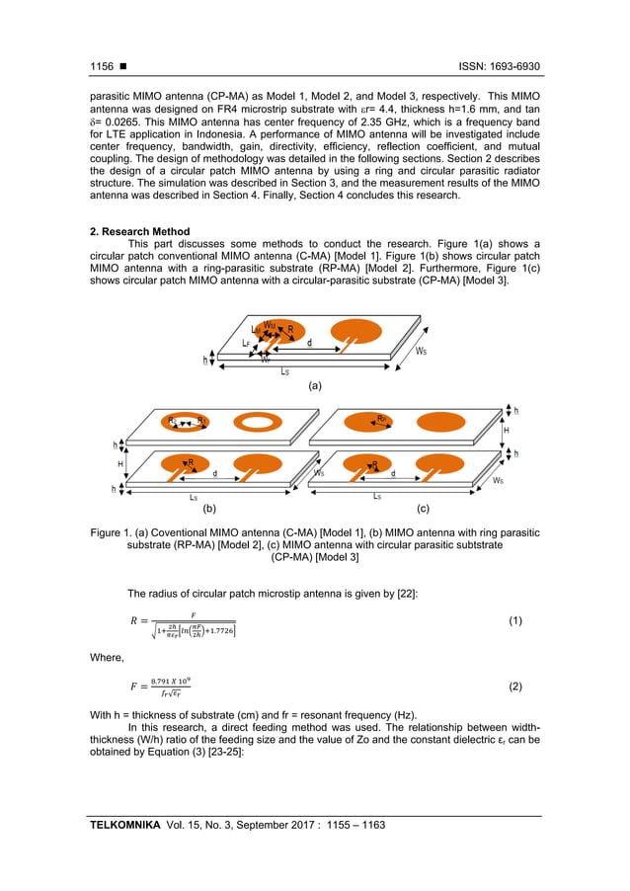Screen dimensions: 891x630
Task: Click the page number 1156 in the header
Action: click(102, 66)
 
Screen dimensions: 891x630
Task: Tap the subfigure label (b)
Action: click(209, 511)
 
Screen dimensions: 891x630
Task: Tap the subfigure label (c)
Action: click(423, 511)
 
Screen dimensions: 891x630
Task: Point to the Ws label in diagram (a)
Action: click(422, 351)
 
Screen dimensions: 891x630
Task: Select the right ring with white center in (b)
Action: click(256, 423)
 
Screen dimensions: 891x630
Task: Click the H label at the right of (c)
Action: click(507, 431)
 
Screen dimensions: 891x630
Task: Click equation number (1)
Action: click(514, 620)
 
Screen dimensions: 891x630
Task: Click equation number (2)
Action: click(514, 685)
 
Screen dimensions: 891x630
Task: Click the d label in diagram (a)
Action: click(309, 343)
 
